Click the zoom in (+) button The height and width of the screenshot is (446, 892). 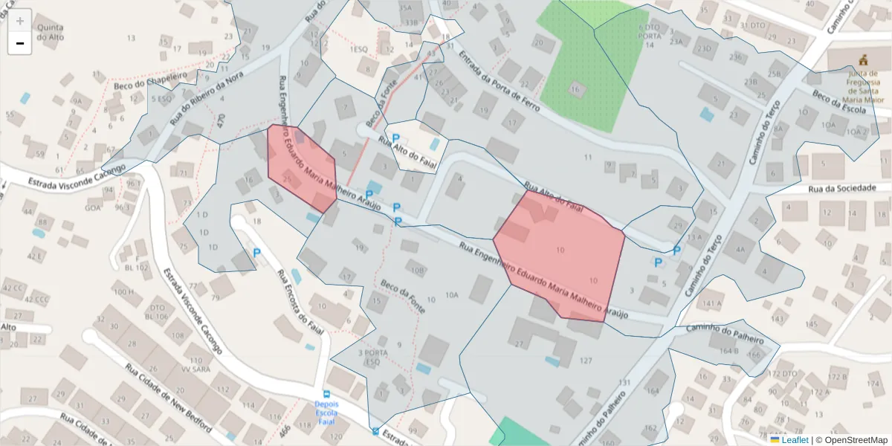tap(19, 20)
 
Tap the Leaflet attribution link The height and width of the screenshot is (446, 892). tap(794, 440)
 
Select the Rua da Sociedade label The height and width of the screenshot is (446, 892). tap(841, 188)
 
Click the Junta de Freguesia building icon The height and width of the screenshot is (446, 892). tap(863, 59)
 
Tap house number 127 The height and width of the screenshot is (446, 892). tap(586, 361)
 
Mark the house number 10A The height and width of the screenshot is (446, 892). tap(452, 295)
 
